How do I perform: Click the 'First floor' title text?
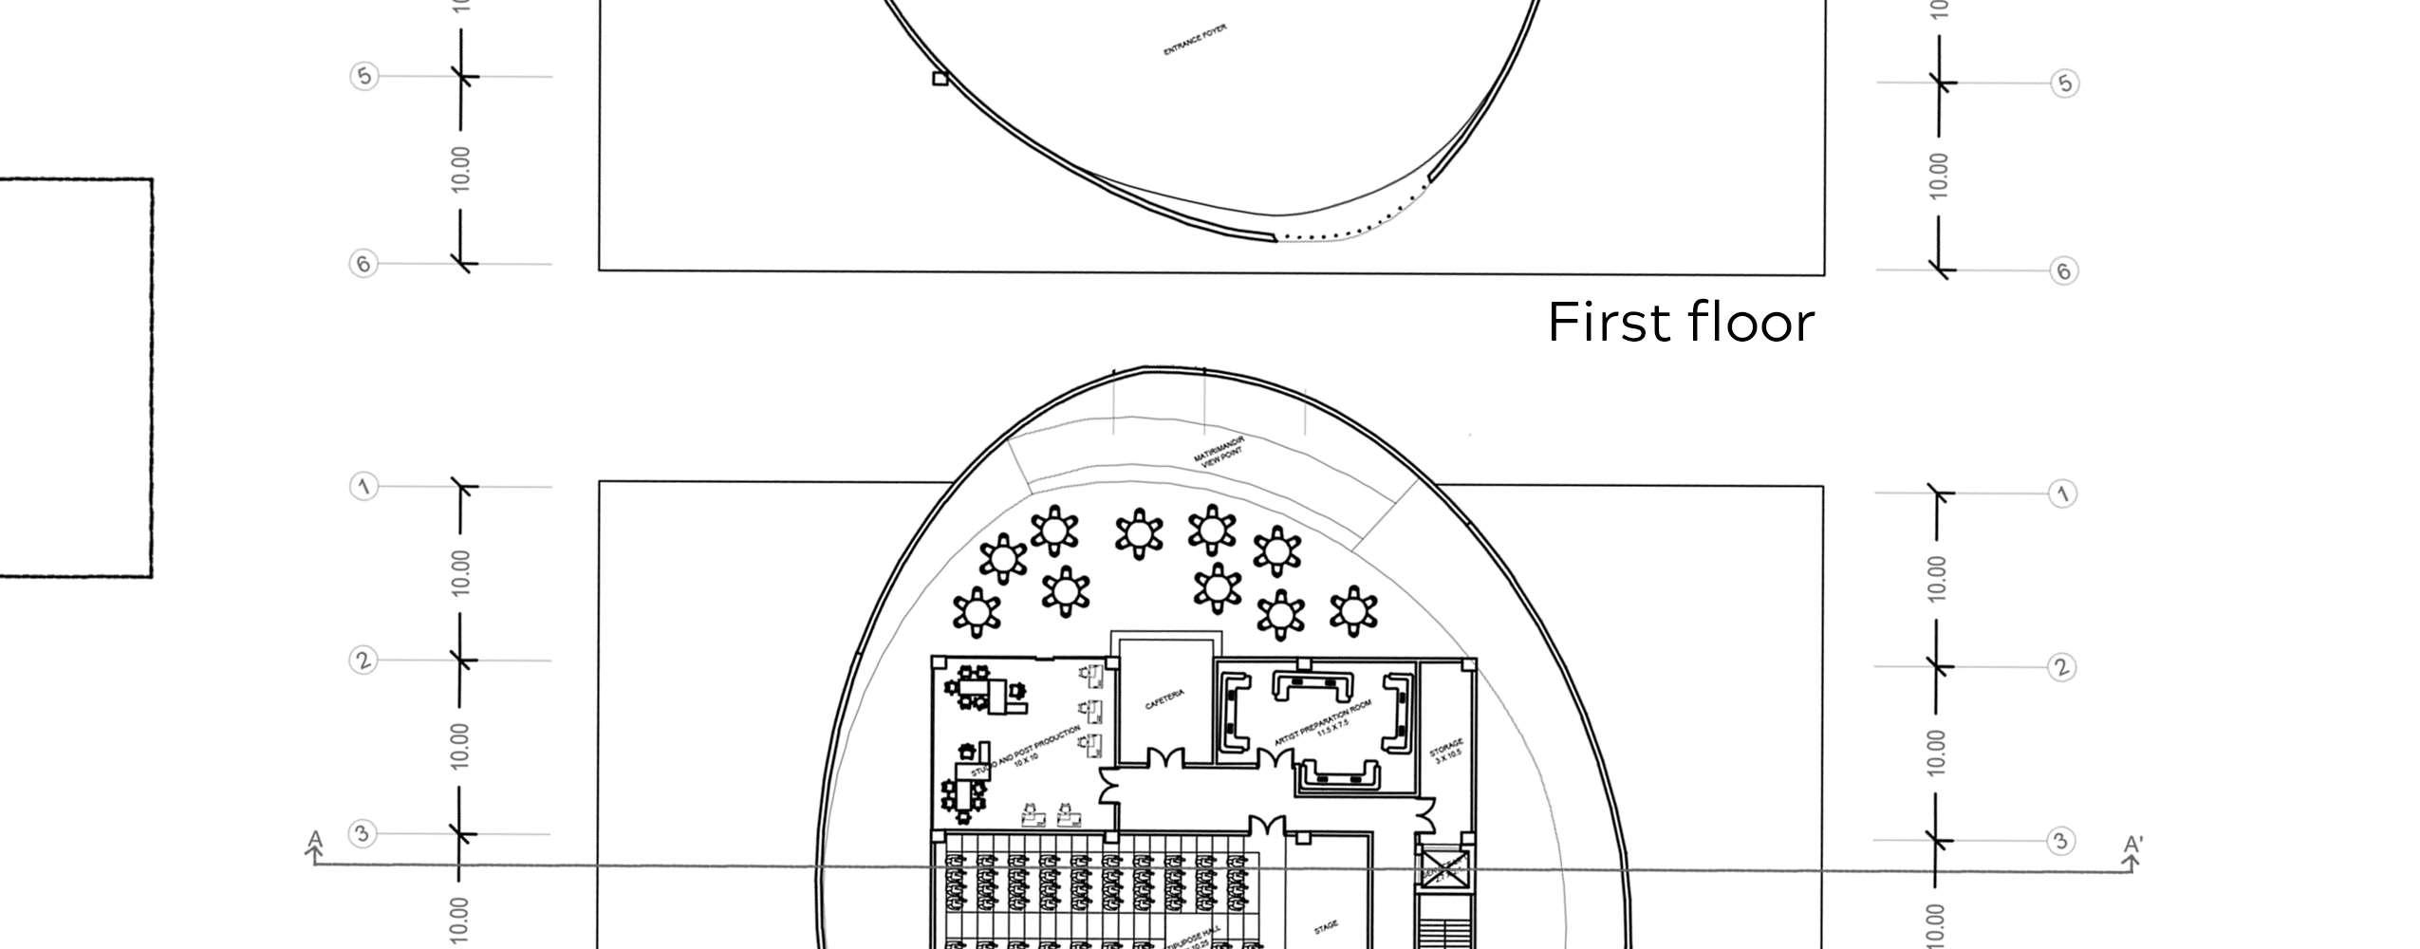click(x=1681, y=323)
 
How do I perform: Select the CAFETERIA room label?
click(x=1164, y=701)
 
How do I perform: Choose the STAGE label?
click(x=1326, y=926)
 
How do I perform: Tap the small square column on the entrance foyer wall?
click(x=940, y=80)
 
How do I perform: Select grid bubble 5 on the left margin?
click(x=363, y=76)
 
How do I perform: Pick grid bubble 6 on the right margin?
click(x=2063, y=271)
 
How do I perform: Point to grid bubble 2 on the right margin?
click(x=2060, y=667)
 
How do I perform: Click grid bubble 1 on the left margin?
click(x=363, y=488)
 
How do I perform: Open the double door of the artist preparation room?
click(x=1275, y=759)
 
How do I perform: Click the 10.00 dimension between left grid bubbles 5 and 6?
click(x=460, y=169)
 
